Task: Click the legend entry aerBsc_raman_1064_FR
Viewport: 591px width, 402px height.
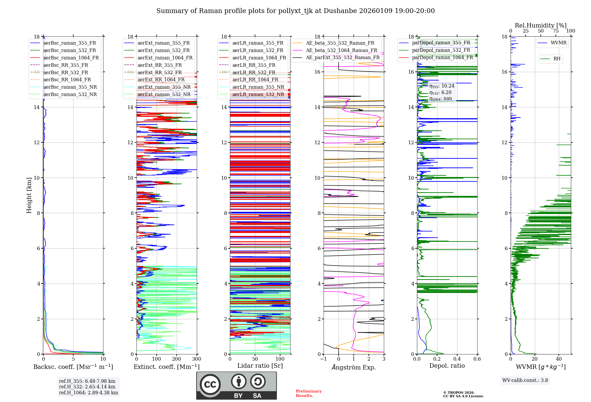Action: tap(71, 58)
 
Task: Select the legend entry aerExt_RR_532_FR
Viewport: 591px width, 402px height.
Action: tap(160, 72)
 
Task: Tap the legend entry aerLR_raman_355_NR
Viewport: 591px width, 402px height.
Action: tap(258, 87)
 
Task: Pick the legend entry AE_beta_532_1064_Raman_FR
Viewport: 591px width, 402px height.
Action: tap(341, 50)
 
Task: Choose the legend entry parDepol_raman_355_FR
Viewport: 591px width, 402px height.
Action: tap(441, 43)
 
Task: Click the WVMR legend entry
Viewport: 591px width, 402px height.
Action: tap(558, 43)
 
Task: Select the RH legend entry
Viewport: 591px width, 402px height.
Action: tap(557, 59)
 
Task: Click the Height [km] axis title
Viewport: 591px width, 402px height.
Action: tap(29, 195)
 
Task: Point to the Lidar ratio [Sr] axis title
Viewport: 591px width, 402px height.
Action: tap(260, 366)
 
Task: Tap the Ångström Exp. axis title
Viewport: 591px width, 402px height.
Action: tap(354, 367)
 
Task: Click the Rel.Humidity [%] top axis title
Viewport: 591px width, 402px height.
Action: tap(540, 25)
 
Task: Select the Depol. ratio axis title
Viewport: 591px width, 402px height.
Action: tap(447, 366)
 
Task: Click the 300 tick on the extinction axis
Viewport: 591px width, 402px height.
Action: tap(197, 359)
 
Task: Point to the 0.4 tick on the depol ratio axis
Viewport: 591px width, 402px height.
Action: tap(457, 359)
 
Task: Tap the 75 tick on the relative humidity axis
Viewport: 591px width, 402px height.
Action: tap(556, 31)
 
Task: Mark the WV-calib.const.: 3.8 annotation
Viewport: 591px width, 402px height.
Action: tap(525, 380)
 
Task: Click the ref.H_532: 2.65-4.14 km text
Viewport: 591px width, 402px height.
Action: tap(87, 387)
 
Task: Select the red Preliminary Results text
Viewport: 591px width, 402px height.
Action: tap(309, 393)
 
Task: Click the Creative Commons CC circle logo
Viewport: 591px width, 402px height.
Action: tap(210, 385)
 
